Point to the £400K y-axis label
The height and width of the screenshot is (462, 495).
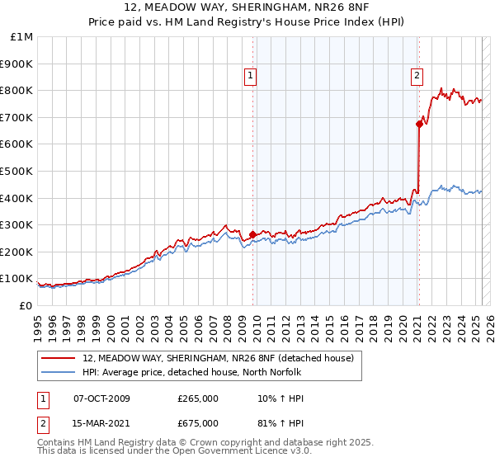[x=18, y=198]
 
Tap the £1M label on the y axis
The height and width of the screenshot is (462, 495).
[x=22, y=36]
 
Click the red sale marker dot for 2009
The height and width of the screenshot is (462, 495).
[x=252, y=234]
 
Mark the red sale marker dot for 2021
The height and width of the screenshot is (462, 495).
[x=419, y=124]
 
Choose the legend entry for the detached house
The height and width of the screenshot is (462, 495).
[x=218, y=358]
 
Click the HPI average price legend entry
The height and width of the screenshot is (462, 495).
[x=192, y=372]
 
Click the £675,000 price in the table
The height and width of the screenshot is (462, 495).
[x=198, y=423]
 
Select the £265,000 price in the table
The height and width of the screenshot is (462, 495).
[x=198, y=399]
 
